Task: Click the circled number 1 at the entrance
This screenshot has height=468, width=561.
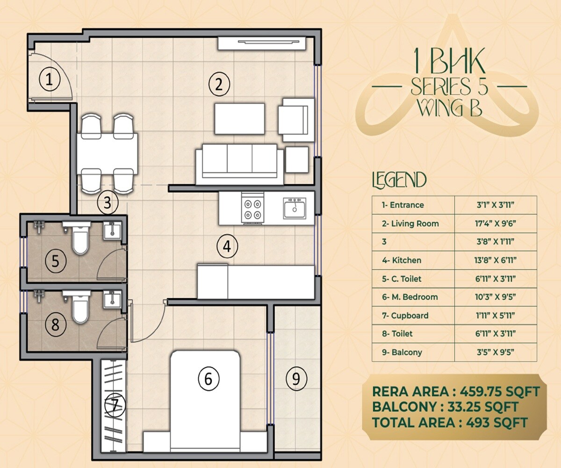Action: [x=49, y=80]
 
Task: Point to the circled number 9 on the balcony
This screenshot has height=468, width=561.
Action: [x=295, y=377]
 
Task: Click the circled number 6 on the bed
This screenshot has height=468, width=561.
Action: [x=209, y=378]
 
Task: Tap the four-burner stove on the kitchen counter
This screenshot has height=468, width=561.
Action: [x=253, y=209]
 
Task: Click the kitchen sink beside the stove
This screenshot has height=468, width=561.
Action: [x=294, y=207]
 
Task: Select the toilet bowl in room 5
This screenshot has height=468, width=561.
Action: [x=80, y=239]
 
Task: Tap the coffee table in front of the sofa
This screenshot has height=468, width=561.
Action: [x=239, y=118]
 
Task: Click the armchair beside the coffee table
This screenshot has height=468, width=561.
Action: [x=296, y=119]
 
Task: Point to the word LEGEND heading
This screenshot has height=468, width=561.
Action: [x=399, y=180]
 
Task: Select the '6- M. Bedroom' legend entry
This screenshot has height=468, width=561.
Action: [x=410, y=297]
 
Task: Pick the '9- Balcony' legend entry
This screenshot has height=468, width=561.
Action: [x=402, y=352]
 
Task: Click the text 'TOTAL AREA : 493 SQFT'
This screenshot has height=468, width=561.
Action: [x=450, y=422]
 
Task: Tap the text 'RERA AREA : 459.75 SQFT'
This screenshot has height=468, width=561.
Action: [x=456, y=391]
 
